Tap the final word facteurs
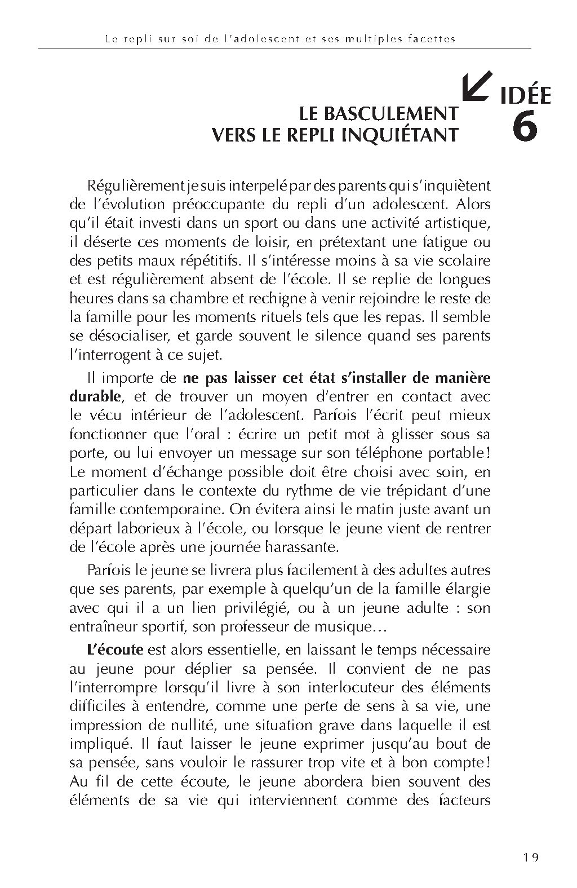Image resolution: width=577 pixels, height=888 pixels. (460, 799)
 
